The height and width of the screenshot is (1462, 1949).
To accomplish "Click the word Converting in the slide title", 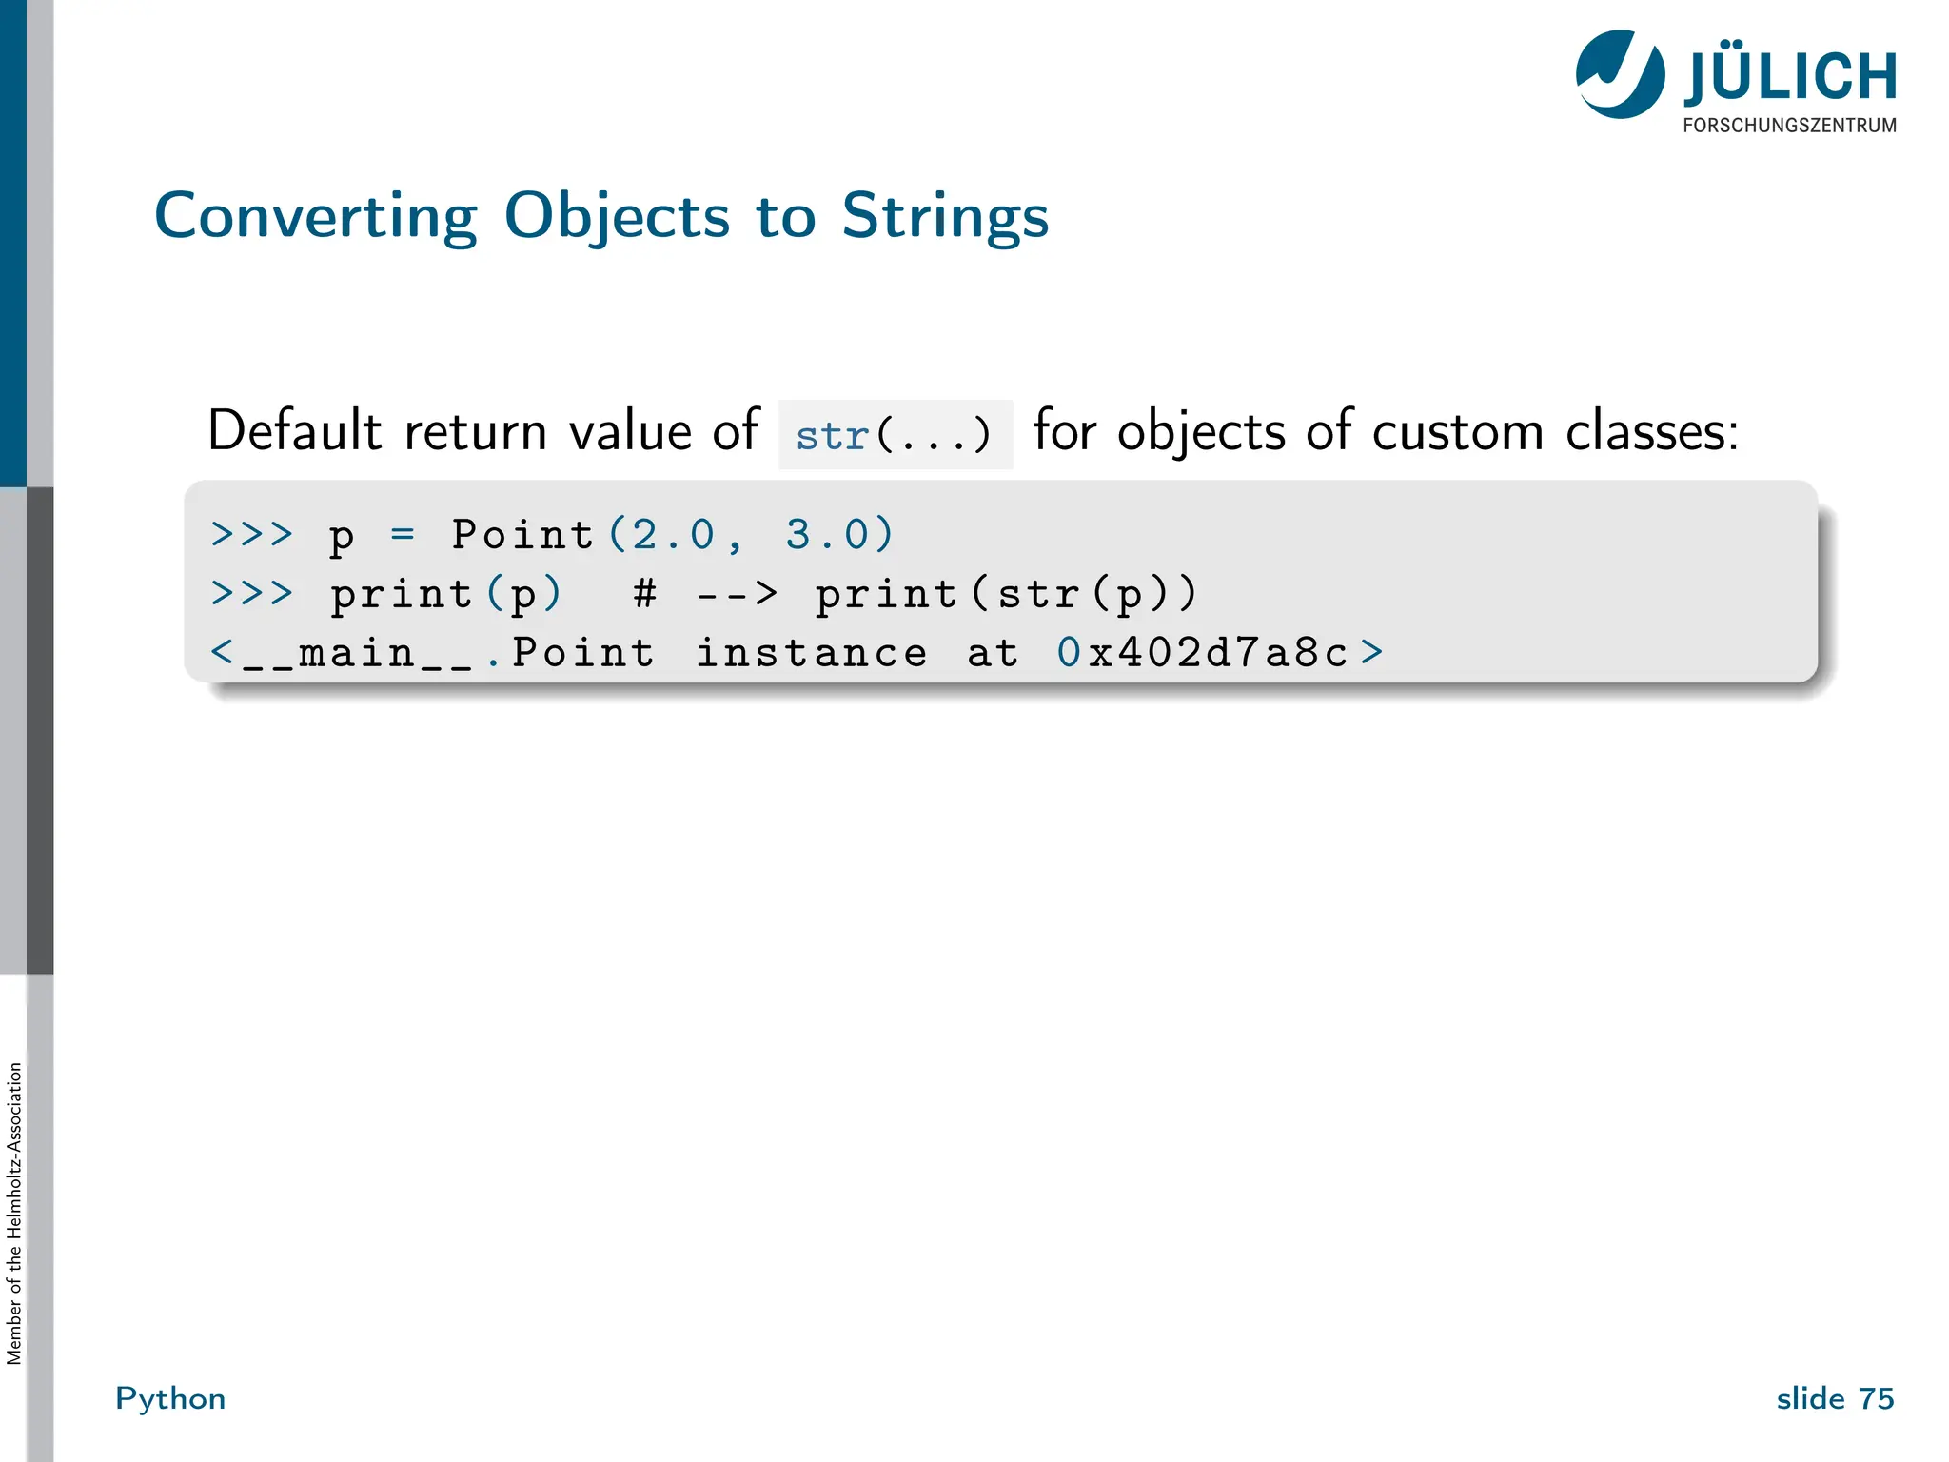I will pos(315,217).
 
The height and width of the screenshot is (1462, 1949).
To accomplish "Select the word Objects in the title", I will pos(617,217).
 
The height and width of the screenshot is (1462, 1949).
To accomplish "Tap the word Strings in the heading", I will pos(944,217).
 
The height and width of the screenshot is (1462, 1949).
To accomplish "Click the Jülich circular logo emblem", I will pos(1620,74).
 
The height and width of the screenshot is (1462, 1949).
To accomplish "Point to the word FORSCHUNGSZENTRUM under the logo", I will pos(1789,126).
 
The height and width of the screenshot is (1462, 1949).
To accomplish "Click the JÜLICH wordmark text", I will pos(1790,76).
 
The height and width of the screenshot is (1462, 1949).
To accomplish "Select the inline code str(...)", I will pos(895,436).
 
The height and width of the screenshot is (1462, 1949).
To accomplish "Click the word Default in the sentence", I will pos(294,431).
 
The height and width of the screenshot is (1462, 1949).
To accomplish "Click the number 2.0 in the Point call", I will pos(673,535).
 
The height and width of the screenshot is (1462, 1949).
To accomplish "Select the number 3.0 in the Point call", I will pos(826,535).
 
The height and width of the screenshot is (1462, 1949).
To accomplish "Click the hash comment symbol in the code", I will pos(644,594).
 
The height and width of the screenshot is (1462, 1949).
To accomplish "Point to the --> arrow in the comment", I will pos(737,594).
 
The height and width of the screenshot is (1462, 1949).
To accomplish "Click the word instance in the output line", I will pos(811,653).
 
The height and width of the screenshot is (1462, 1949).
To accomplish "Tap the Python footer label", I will pos(170,1398).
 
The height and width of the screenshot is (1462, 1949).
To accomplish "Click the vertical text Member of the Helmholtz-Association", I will pos(14,1213).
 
